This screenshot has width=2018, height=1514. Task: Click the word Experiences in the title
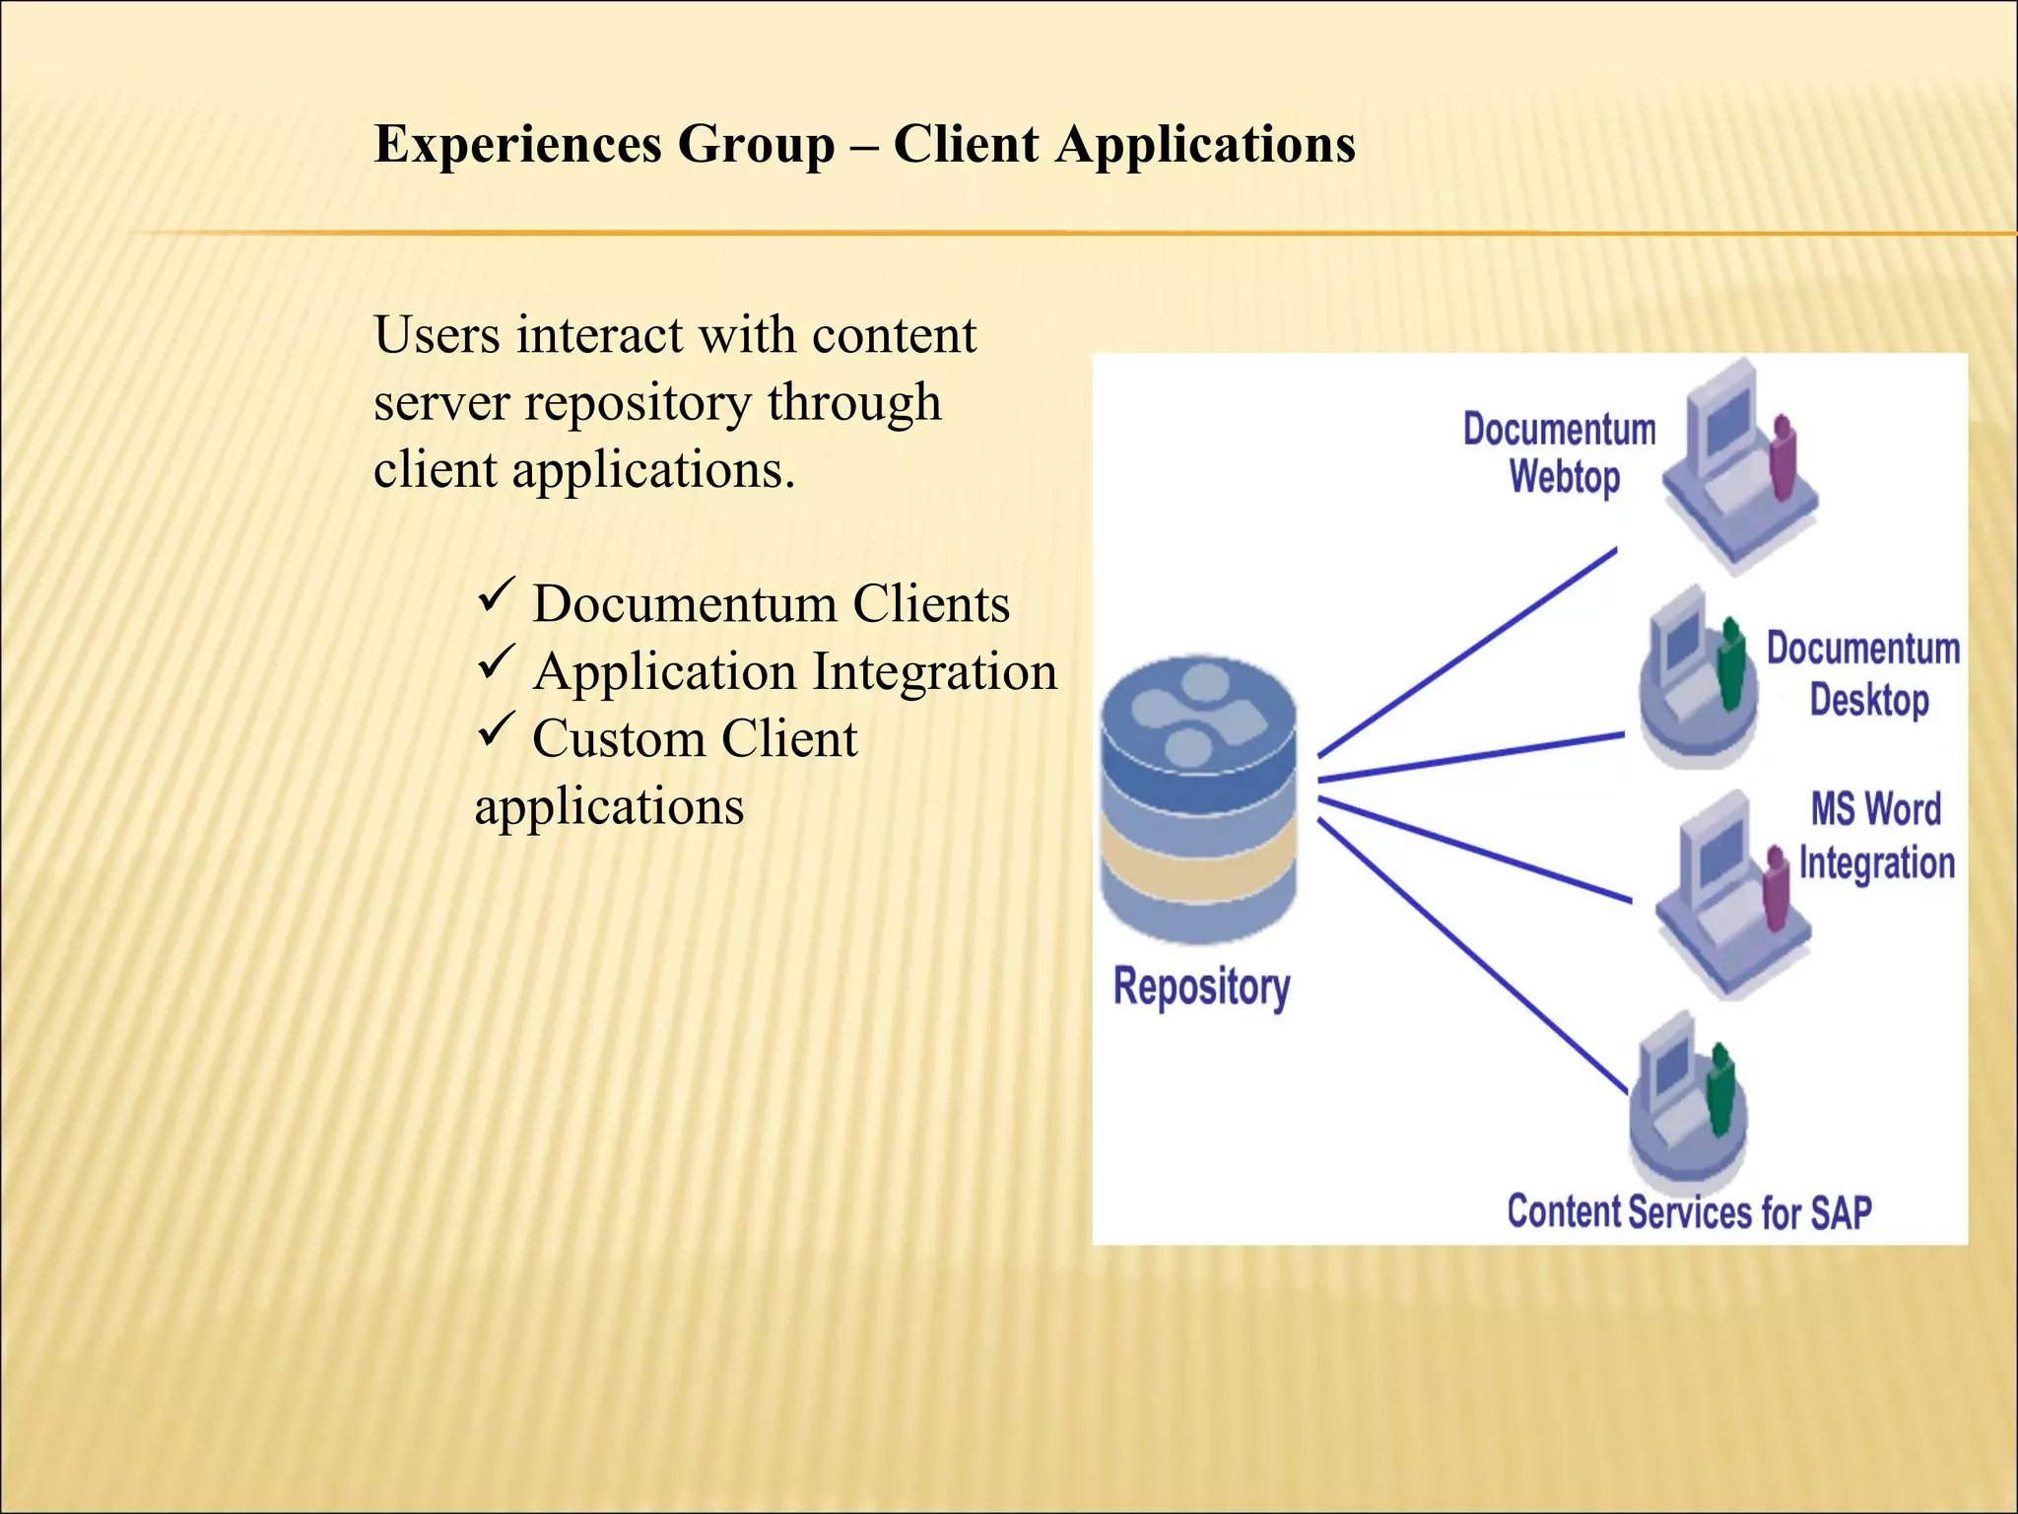517,144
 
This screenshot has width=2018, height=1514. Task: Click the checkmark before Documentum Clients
496,597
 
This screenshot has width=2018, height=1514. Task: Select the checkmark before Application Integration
496,663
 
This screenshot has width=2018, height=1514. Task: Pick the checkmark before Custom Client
496,731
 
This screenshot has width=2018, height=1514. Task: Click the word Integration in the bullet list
934,672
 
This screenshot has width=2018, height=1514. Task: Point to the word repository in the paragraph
637,403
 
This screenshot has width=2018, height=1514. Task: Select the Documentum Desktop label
1862,674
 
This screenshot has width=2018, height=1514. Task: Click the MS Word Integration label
1876,836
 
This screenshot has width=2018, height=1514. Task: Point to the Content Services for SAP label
1689,1212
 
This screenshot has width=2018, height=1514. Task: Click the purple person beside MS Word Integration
1776,887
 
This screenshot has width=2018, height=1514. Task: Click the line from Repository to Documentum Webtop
1468,653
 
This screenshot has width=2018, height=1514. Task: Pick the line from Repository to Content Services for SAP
1473,956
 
